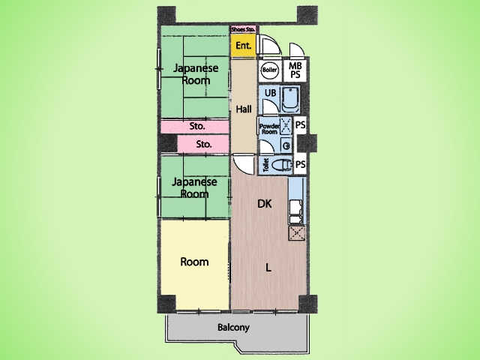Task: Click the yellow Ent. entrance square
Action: tap(243, 45)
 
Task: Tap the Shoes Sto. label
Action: tap(243, 30)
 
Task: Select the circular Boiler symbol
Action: tap(270, 70)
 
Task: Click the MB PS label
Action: tap(295, 70)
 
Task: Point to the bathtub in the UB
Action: tap(290, 100)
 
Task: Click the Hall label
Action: tap(244, 109)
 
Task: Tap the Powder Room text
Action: tap(269, 129)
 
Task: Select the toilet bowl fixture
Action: tap(282, 165)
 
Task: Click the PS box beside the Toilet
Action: tap(300, 165)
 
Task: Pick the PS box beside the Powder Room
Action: tap(300, 125)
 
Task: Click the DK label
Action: tap(265, 203)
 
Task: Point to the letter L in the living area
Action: tap(268, 268)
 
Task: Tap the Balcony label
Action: tap(233, 327)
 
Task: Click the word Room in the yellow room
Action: tap(194, 262)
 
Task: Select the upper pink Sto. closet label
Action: tap(197, 126)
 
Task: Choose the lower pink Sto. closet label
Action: tap(204, 144)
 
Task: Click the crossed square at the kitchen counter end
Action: tap(296, 233)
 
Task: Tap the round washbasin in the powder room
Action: tap(286, 146)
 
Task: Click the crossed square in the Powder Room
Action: tap(286, 125)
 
